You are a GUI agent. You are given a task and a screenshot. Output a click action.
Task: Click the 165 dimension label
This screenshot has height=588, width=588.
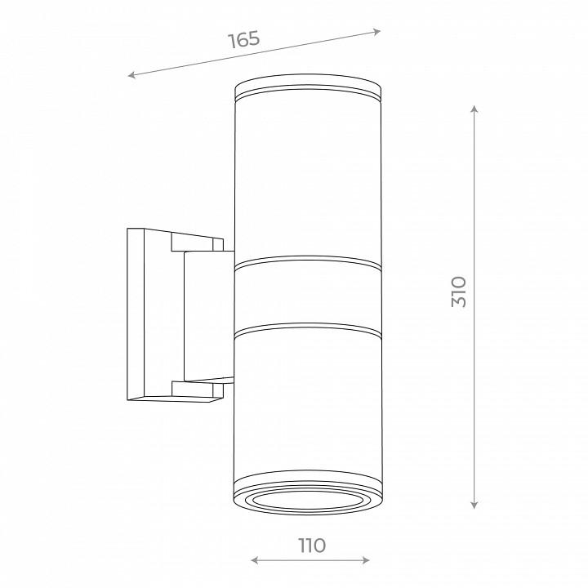coord(243,40)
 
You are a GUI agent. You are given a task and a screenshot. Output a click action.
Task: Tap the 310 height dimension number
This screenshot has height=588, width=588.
coord(459,292)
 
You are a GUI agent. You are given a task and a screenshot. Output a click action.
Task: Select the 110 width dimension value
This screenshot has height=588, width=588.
coord(312,546)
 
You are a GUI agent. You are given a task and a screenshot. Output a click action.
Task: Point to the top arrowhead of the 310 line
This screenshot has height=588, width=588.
coord(474,109)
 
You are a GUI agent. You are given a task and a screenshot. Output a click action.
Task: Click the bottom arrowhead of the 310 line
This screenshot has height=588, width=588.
coord(474,506)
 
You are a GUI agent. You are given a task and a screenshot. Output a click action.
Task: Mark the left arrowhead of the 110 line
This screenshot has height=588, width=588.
coord(254,560)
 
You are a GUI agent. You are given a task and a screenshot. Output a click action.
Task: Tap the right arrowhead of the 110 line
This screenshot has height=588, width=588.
coord(366,560)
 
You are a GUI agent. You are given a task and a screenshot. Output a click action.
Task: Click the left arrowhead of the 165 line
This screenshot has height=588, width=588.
coord(131,74)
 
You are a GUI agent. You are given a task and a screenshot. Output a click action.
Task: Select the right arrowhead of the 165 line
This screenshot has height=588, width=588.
coord(376,32)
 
